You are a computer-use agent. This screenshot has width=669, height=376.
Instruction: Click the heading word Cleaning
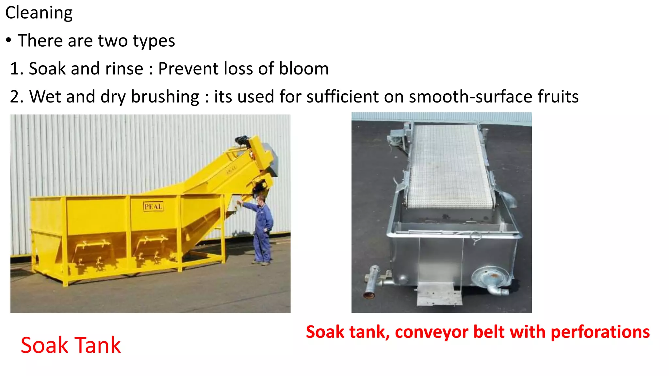pyautogui.click(x=39, y=13)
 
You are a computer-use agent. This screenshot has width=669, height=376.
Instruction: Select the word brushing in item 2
pyautogui.click(x=165, y=97)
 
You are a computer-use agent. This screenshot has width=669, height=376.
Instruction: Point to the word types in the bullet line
pyautogui.click(x=154, y=41)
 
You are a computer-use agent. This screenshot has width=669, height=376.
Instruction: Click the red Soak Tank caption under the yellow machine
pyautogui.click(x=71, y=345)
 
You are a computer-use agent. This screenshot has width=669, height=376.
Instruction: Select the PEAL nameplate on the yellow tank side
pyautogui.click(x=153, y=207)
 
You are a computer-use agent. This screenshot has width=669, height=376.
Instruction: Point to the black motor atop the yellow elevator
pyautogui.click(x=243, y=141)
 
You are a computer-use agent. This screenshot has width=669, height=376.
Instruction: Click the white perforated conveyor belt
pyautogui.click(x=449, y=166)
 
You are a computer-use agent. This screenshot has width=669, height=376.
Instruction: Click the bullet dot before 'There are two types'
pyautogui.click(x=9, y=41)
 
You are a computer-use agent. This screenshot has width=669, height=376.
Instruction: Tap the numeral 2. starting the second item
pyautogui.click(x=17, y=97)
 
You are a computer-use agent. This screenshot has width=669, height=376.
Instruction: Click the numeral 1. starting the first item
pyautogui.click(x=16, y=69)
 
